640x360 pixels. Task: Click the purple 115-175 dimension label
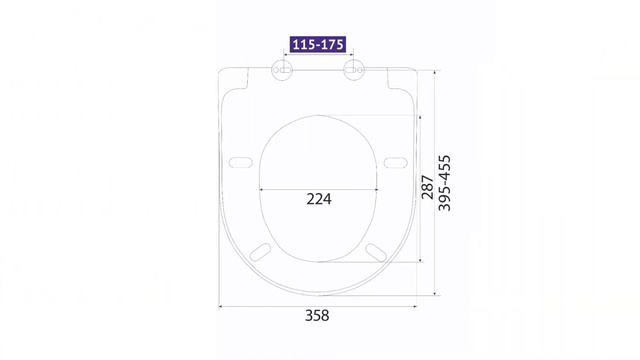[x=318, y=44]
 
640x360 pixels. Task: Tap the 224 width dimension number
[x=319, y=199]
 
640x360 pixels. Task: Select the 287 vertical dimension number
[x=427, y=187]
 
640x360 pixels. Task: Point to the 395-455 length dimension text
[x=444, y=183]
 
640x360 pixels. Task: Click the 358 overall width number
[x=317, y=316]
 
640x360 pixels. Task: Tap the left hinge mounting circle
[x=282, y=70]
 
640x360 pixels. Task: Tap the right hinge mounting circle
[x=353, y=70]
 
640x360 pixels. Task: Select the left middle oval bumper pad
[x=240, y=162]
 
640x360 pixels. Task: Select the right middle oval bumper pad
[x=396, y=162]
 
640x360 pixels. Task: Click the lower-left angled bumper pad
[x=260, y=252]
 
